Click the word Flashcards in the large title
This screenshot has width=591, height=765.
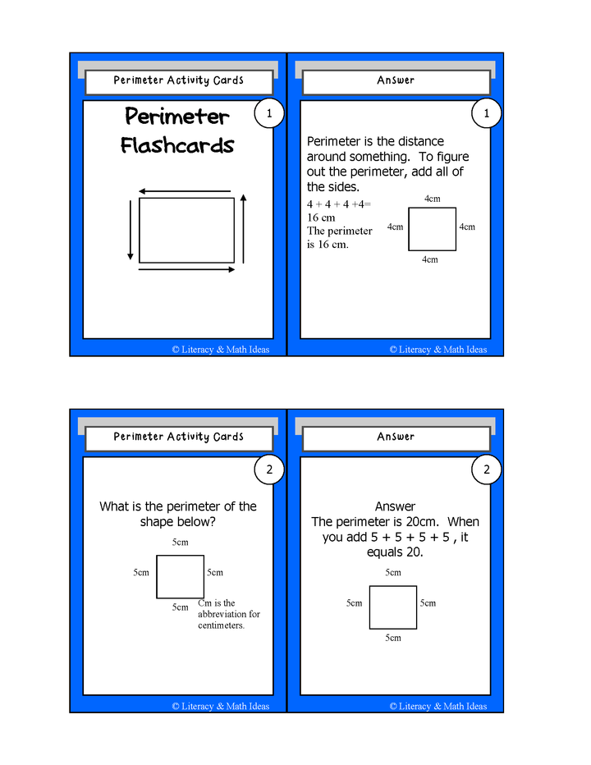coord(177,146)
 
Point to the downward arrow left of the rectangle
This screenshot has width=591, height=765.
coord(130,230)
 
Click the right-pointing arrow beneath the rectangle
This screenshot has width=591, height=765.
coord(187,268)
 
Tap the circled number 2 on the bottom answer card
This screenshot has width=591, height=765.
coord(486,470)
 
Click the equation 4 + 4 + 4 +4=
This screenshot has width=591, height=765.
coord(339,204)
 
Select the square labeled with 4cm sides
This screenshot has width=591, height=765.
coord(432,229)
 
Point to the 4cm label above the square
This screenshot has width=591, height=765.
coord(432,199)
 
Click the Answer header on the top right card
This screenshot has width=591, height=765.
coord(396,80)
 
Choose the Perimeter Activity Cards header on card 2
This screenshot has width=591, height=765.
coord(178,437)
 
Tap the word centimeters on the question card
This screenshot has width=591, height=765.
coord(222,625)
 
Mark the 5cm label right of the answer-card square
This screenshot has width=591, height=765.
coord(428,603)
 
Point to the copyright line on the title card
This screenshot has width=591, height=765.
coord(220,350)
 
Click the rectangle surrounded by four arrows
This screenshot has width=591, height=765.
coord(186,230)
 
